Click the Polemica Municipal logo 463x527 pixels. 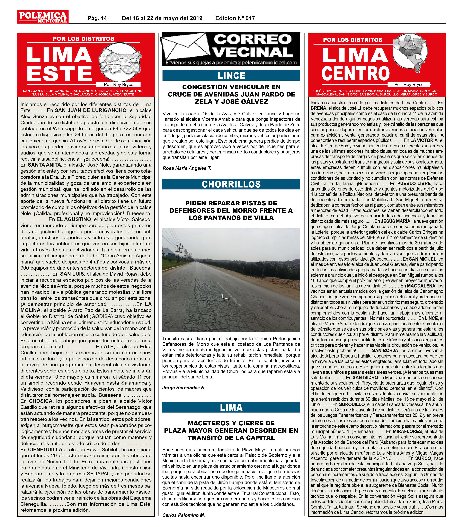[x=43, y=17]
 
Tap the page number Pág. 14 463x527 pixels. [x=97, y=18]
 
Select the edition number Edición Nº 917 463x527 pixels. [x=235, y=18]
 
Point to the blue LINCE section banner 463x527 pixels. [x=231, y=76]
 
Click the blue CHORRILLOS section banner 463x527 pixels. [x=231, y=184]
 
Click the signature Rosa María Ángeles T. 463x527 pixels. [x=187, y=168]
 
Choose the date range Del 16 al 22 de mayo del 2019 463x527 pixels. [x=162, y=18]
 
